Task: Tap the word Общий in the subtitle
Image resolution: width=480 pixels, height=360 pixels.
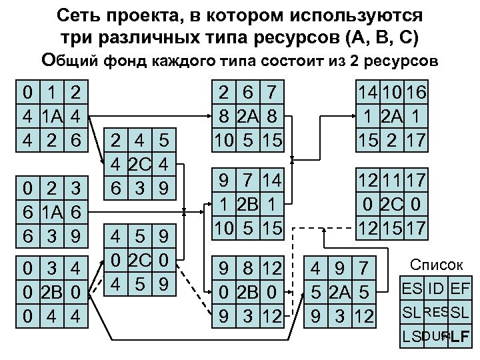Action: click(69, 61)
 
